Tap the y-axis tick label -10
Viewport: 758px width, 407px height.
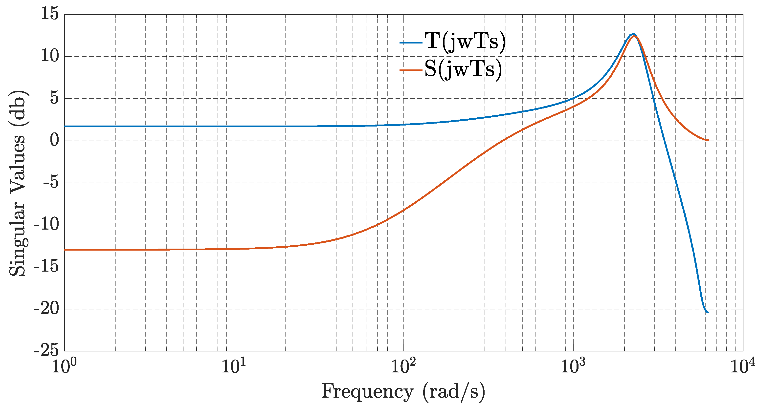(46, 224)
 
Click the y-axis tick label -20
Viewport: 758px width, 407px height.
(46, 309)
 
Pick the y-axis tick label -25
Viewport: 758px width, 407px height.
(46, 351)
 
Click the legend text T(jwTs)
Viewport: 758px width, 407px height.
(465, 42)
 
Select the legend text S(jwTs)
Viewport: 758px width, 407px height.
(463, 69)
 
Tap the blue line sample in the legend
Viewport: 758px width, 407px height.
(411, 43)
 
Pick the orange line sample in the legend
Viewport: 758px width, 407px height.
(411, 70)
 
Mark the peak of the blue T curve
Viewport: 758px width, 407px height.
(633, 34)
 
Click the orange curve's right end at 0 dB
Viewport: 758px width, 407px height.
(708, 140)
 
